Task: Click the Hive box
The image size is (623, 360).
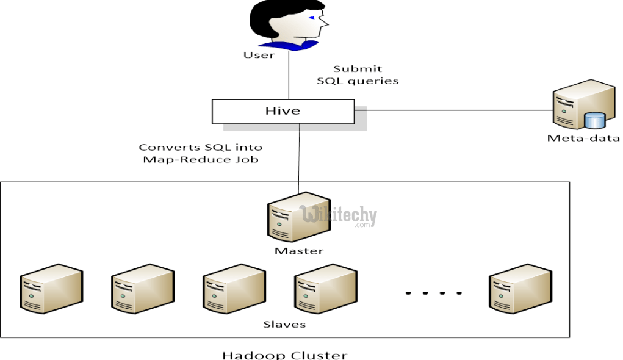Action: [283, 111]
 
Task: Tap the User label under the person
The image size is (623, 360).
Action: [259, 55]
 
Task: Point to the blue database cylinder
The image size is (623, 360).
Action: [593, 121]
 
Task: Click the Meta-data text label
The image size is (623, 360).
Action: [583, 138]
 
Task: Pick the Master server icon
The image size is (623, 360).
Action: [298, 217]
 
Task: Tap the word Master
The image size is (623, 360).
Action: [298, 251]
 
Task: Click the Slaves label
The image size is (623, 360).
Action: [284, 324]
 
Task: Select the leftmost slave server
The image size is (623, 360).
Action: [51, 289]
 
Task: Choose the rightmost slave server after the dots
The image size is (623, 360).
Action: [520, 289]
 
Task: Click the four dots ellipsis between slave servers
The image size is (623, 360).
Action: [434, 293]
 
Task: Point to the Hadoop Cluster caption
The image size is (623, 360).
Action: [284, 355]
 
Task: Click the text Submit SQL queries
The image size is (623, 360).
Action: [358, 75]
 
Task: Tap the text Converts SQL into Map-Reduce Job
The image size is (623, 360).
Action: [200, 153]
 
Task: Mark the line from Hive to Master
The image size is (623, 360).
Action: [298, 153]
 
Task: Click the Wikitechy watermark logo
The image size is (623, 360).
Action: [339, 215]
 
